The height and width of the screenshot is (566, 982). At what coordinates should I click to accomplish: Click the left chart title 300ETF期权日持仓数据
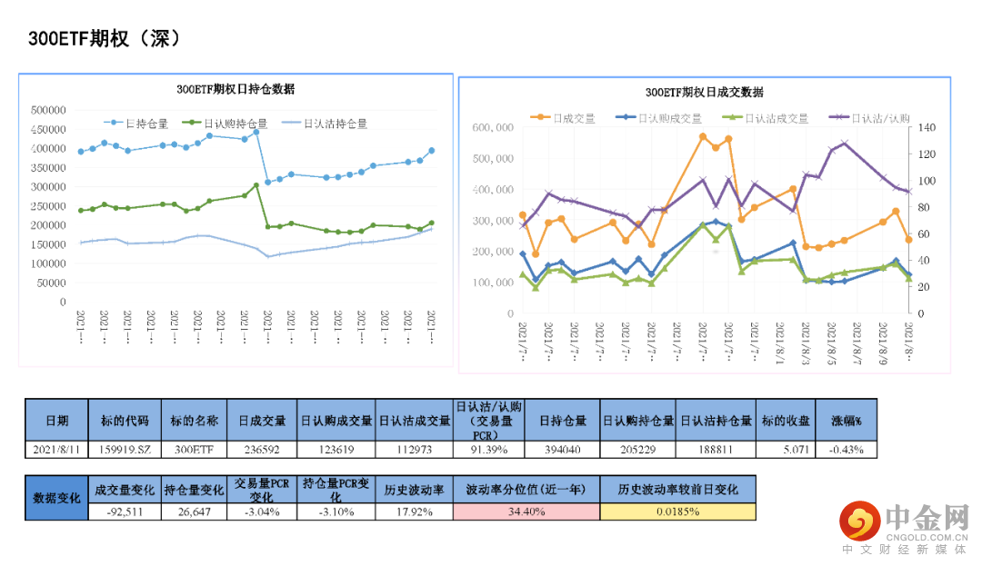[x=235, y=89]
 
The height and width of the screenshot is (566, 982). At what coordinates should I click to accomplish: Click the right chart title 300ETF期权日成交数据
[x=705, y=93]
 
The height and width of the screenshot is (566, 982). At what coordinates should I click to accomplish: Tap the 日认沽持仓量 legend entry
[x=333, y=123]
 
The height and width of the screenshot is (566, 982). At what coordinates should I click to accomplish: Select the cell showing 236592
[x=263, y=449]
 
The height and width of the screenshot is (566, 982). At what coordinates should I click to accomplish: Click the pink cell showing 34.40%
[x=526, y=511]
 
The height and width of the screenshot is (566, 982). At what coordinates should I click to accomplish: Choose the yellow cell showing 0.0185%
[x=677, y=511]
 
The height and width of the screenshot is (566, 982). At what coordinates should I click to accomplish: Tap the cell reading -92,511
[x=125, y=511]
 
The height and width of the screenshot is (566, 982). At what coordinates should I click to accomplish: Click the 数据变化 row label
[x=56, y=498]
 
